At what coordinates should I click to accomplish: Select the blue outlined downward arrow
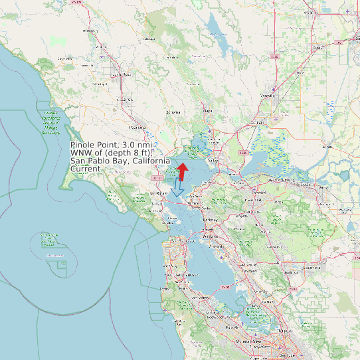(x=177, y=189)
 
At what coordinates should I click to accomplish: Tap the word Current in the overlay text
(x=86, y=169)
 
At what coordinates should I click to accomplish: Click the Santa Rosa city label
(x=121, y=74)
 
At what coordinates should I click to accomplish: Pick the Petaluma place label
(x=137, y=126)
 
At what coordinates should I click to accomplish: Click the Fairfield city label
(x=258, y=123)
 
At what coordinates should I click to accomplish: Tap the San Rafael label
(x=157, y=193)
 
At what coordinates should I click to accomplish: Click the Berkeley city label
(x=210, y=219)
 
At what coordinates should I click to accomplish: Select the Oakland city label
(x=211, y=236)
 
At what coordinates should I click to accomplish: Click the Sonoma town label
(x=173, y=112)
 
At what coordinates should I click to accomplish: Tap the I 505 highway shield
(x=275, y=57)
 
